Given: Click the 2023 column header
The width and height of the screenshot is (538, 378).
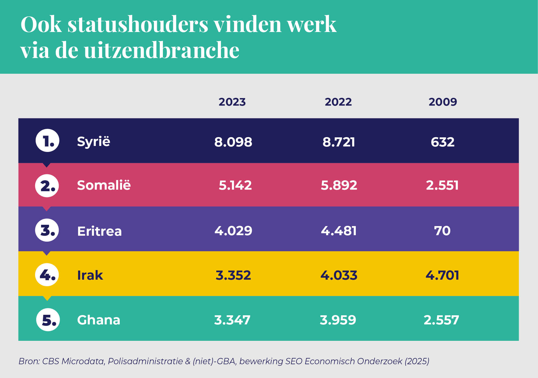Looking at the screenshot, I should pyautogui.click(x=232, y=102).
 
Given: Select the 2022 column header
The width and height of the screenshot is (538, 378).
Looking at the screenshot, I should pyautogui.click(x=338, y=102).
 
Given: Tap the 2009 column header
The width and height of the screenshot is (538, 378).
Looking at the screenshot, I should pyautogui.click(x=443, y=102).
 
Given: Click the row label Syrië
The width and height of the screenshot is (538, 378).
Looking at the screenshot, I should pyautogui.click(x=93, y=142).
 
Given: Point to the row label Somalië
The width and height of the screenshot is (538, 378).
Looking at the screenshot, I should pyautogui.click(x=104, y=185).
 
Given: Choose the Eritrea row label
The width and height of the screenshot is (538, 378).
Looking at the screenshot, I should pyautogui.click(x=99, y=231).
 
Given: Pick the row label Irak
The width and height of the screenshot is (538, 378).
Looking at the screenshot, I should pyautogui.click(x=90, y=275).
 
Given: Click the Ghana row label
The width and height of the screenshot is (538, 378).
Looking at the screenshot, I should pyautogui.click(x=99, y=320).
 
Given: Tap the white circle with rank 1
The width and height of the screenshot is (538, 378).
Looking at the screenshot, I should pyautogui.click(x=47, y=140).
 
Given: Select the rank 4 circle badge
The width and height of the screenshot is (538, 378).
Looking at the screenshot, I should pyautogui.click(x=47, y=275).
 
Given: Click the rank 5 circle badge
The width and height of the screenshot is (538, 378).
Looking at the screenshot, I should pyautogui.click(x=48, y=320).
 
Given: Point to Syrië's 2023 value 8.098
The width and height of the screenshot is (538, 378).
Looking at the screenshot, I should pyautogui.click(x=233, y=142).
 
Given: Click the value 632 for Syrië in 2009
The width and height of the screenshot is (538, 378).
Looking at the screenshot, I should pyautogui.click(x=442, y=142).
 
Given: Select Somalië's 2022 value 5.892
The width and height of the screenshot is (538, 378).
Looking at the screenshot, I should pyautogui.click(x=339, y=185).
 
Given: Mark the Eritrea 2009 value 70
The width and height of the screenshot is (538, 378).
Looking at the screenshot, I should pyautogui.click(x=442, y=231).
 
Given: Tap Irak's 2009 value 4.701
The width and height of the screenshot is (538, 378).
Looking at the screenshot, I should pyautogui.click(x=442, y=275).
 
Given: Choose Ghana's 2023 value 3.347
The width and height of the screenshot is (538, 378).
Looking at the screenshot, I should pyautogui.click(x=232, y=320).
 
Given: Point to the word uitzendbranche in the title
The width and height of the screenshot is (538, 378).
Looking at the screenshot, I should pyautogui.click(x=161, y=50).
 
